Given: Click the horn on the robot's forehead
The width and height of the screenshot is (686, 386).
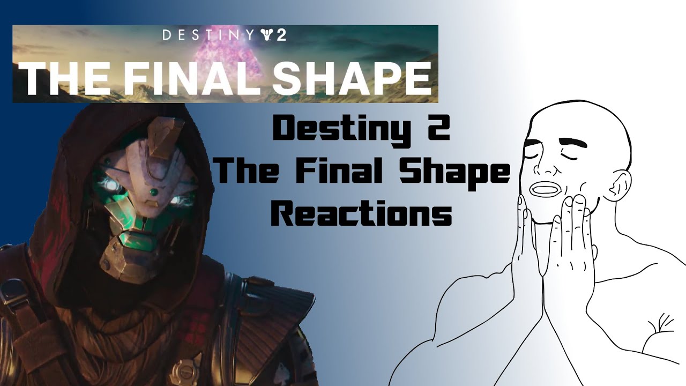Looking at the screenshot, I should pyautogui.click(x=161, y=134).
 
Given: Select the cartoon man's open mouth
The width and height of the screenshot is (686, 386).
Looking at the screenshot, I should pyautogui.click(x=546, y=189).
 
